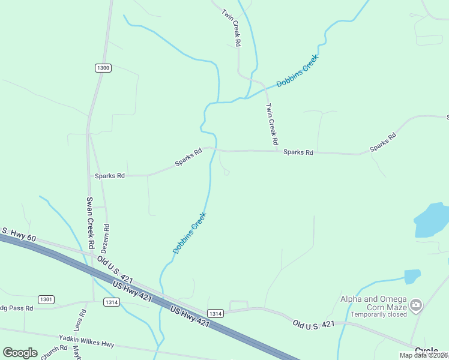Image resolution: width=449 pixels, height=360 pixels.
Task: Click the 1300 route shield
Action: tap(103, 68)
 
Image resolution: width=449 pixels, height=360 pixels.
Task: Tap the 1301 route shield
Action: tap(46, 299)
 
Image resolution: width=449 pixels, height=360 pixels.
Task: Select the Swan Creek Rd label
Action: tap(89, 223)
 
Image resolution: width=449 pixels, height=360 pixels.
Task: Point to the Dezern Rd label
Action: tap(107, 238)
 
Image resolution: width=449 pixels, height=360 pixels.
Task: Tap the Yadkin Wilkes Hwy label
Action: tap(86, 341)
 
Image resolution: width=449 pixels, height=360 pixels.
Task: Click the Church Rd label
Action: tap(54, 351)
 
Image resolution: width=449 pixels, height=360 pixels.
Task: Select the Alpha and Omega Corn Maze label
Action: tap(373, 302)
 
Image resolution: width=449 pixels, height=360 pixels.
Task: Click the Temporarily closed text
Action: tap(379, 314)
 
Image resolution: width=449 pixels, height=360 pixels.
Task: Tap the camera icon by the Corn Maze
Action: tap(415, 306)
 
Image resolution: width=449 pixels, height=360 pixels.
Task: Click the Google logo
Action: tap(20, 353)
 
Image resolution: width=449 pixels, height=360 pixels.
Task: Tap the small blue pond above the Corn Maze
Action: tap(412, 276)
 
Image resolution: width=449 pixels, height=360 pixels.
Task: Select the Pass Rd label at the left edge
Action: tap(17, 308)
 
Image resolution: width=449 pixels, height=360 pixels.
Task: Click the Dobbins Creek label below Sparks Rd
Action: tap(190, 233)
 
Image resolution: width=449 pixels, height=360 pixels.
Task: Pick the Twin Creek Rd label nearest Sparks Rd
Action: tap(272, 124)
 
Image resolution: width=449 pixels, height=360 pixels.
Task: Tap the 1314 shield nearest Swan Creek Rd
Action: tap(110, 301)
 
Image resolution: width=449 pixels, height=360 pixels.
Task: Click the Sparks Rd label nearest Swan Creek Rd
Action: tap(109, 176)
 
